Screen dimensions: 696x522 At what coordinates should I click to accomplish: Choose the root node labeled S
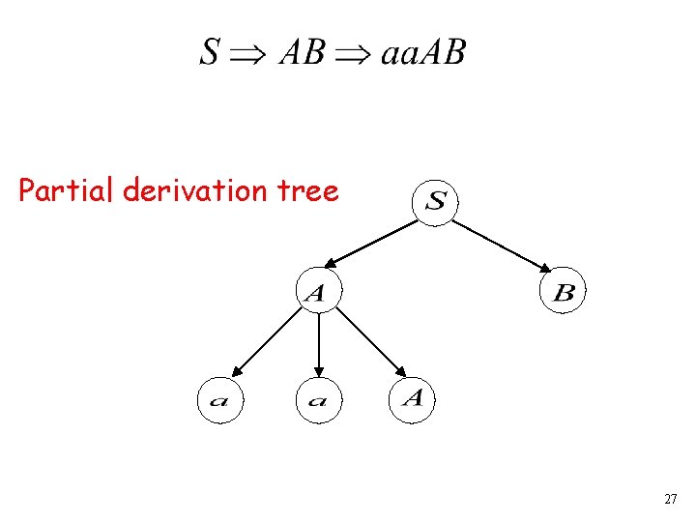pos(436,202)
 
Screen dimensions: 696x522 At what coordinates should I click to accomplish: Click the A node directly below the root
pos(318,291)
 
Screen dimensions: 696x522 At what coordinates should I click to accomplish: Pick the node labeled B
pos(563,292)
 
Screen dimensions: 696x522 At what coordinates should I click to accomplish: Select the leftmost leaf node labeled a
pos(219,399)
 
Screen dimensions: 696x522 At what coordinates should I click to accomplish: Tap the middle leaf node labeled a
pos(318,399)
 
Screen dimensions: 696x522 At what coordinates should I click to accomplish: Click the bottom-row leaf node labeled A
pos(413,398)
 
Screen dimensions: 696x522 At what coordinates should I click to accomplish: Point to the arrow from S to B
pos(503,245)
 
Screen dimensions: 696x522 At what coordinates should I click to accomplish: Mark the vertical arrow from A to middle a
pos(318,343)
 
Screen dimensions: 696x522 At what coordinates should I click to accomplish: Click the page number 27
pos(671,500)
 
